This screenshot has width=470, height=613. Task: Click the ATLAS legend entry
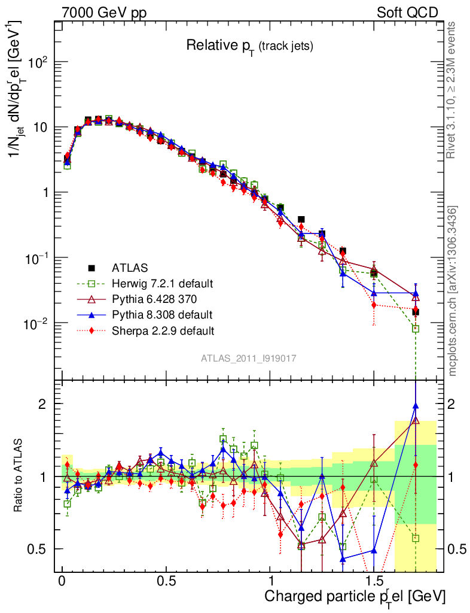130,268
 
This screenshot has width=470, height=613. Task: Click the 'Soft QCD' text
407,13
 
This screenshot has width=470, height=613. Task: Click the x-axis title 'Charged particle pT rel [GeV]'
355,596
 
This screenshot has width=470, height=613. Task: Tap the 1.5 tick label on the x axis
374,581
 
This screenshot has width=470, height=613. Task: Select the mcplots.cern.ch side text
453,290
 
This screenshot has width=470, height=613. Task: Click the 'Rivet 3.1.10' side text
452,90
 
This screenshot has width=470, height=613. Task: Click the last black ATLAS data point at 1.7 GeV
416,312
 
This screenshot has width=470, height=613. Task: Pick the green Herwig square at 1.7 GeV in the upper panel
416,329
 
